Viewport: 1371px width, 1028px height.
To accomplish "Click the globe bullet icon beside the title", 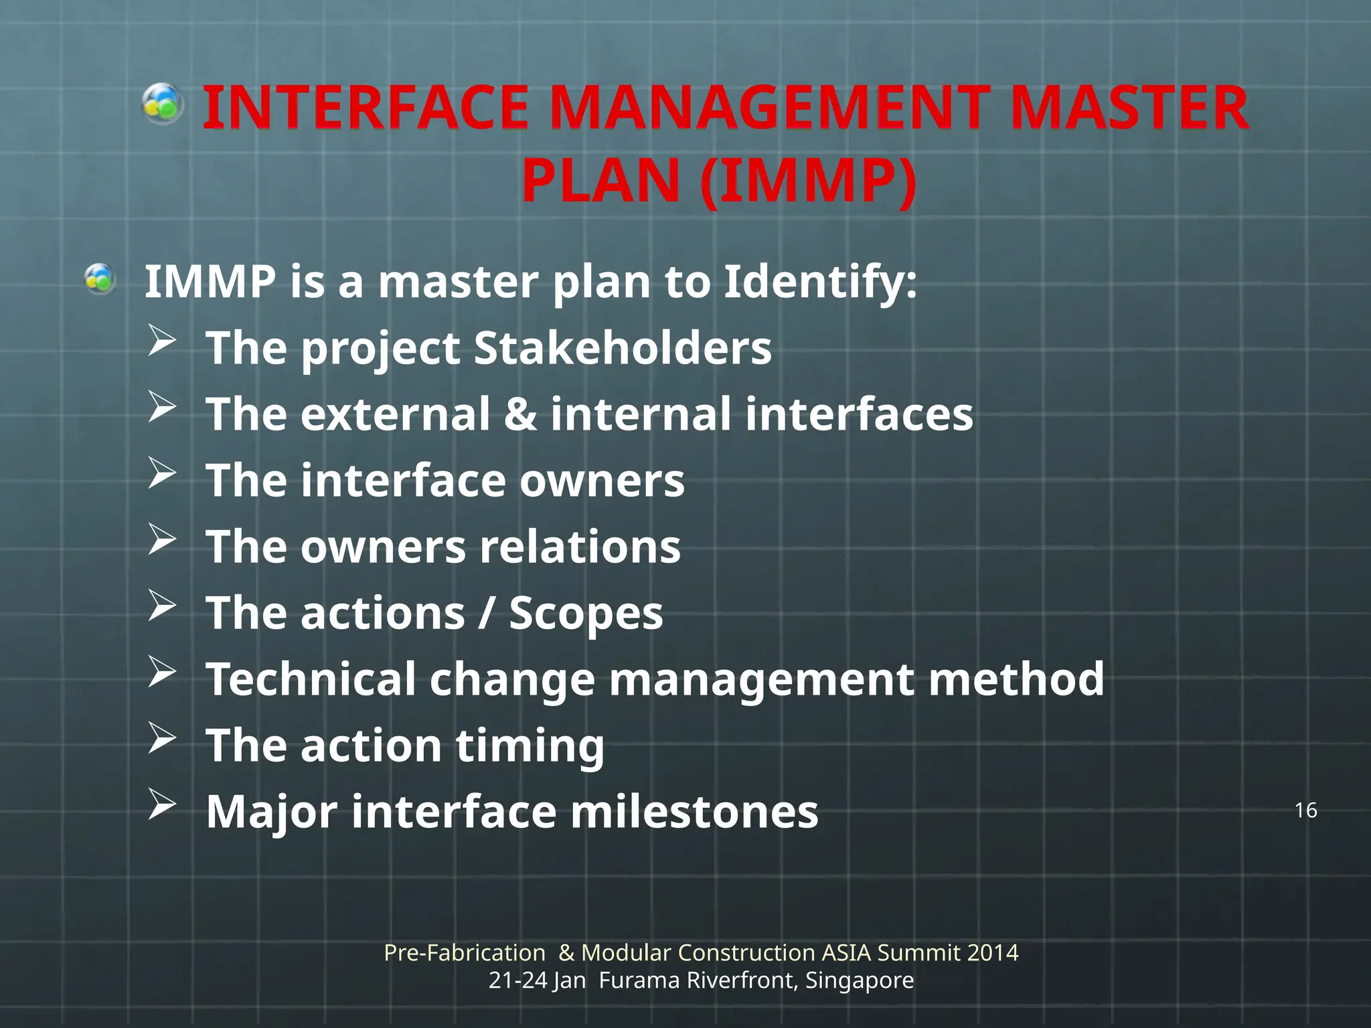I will pos(163,104).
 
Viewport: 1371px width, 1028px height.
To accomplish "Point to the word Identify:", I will pos(820,282).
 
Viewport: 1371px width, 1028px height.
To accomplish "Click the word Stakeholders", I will pos(623,348).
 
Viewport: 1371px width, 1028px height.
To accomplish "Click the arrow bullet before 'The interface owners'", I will pos(162,473).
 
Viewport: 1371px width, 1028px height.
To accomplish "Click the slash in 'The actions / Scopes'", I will pos(487,613).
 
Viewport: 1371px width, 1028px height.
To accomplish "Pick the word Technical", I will pos(311,679).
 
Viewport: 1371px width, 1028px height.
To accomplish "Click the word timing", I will pos(530,746).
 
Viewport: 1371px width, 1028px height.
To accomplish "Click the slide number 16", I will pos(1305,810).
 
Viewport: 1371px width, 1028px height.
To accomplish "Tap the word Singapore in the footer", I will pos(859,980).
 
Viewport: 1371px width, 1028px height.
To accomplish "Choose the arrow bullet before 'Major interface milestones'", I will pos(162,804).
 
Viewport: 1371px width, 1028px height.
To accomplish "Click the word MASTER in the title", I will pos(1129,108).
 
